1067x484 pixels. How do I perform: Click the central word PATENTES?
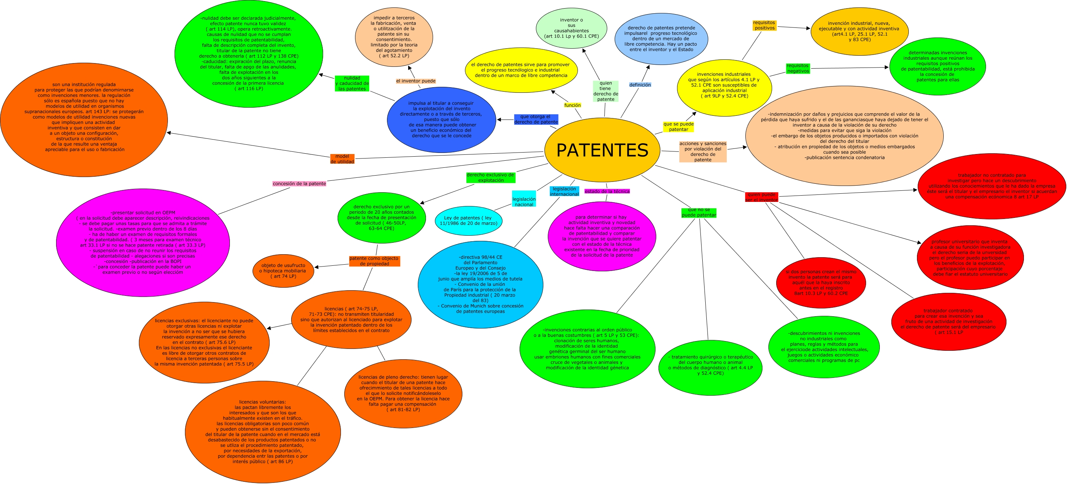pyautogui.click(x=602, y=150)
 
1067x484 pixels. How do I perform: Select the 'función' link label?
pyautogui.click(x=572, y=105)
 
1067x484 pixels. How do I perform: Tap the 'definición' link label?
pyautogui.click(x=640, y=85)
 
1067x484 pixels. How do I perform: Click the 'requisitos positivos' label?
pyautogui.click(x=764, y=25)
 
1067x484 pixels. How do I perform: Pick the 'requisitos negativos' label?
pyautogui.click(x=798, y=68)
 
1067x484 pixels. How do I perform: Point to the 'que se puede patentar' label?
pyautogui.click(x=679, y=127)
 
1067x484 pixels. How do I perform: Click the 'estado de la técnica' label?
pyautogui.click(x=607, y=191)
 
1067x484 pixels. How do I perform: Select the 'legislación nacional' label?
pyautogui.click(x=524, y=202)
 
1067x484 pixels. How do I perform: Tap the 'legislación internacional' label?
pyautogui.click(x=564, y=191)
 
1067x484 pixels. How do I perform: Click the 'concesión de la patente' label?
pyautogui.click(x=299, y=183)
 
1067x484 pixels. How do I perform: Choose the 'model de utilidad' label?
pyautogui.click(x=342, y=159)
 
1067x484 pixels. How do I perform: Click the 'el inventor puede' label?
pyautogui.click(x=416, y=81)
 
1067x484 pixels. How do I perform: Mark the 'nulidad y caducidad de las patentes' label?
pyautogui.click(x=352, y=83)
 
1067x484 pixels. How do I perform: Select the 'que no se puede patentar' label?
pyautogui.click(x=699, y=212)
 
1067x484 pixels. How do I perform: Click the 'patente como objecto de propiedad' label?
pyautogui.click(x=374, y=261)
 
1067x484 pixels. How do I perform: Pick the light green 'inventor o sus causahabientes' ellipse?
pyautogui.click(x=571, y=28)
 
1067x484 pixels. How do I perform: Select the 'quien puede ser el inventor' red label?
pyautogui.click(x=761, y=197)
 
